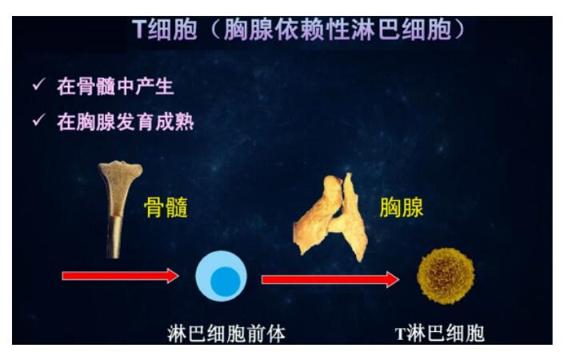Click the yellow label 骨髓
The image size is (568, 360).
coord(166,207)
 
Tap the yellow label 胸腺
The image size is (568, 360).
coord(402,207)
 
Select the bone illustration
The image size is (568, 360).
coord(119,210)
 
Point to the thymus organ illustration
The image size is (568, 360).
coord(331,218)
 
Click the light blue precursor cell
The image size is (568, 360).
coord(221,276)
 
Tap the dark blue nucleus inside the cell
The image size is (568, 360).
coord(226,282)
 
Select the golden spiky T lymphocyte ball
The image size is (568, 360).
coord(446,276)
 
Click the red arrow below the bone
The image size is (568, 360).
coord(120,276)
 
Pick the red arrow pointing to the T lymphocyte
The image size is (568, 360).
coord(330,279)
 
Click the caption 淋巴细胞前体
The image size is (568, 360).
coord(226,334)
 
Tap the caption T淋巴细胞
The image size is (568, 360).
coord(440,333)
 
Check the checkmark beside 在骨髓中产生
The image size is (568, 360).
coord(38,85)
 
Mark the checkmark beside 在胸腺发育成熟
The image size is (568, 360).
coord(38,120)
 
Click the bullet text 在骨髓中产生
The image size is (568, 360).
coord(115,86)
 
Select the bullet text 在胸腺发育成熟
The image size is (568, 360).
coord(126,122)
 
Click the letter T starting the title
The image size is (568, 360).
coord(138,29)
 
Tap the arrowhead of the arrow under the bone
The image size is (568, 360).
coord(173,276)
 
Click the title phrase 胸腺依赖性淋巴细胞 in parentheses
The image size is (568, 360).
coord(338,29)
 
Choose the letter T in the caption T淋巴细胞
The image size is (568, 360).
coord(400,334)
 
